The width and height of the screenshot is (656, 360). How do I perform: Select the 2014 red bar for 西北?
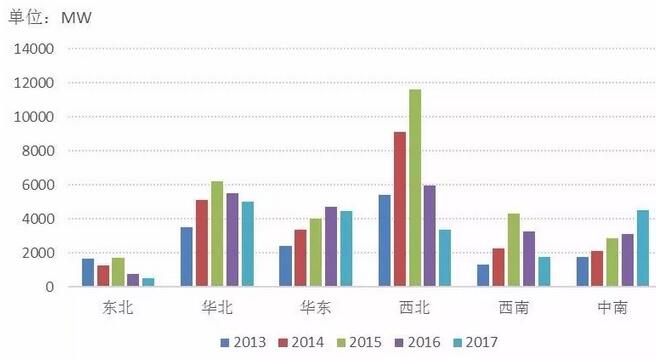click(x=399, y=209)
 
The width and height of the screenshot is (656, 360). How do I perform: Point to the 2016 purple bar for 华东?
click(x=330, y=246)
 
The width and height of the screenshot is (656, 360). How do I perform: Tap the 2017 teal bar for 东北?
click(x=148, y=282)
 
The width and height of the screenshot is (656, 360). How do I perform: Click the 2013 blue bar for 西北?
click(x=383, y=240)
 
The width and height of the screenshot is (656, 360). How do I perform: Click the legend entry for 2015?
click(x=367, y=341)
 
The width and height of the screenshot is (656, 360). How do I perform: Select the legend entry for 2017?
click(x=488, y=341)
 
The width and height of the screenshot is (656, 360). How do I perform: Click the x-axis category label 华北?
click(x=216, y=308)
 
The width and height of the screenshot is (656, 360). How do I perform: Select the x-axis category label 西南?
click(x=512, y=308)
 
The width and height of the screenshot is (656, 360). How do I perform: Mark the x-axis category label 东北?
click(x=117, y=308)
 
